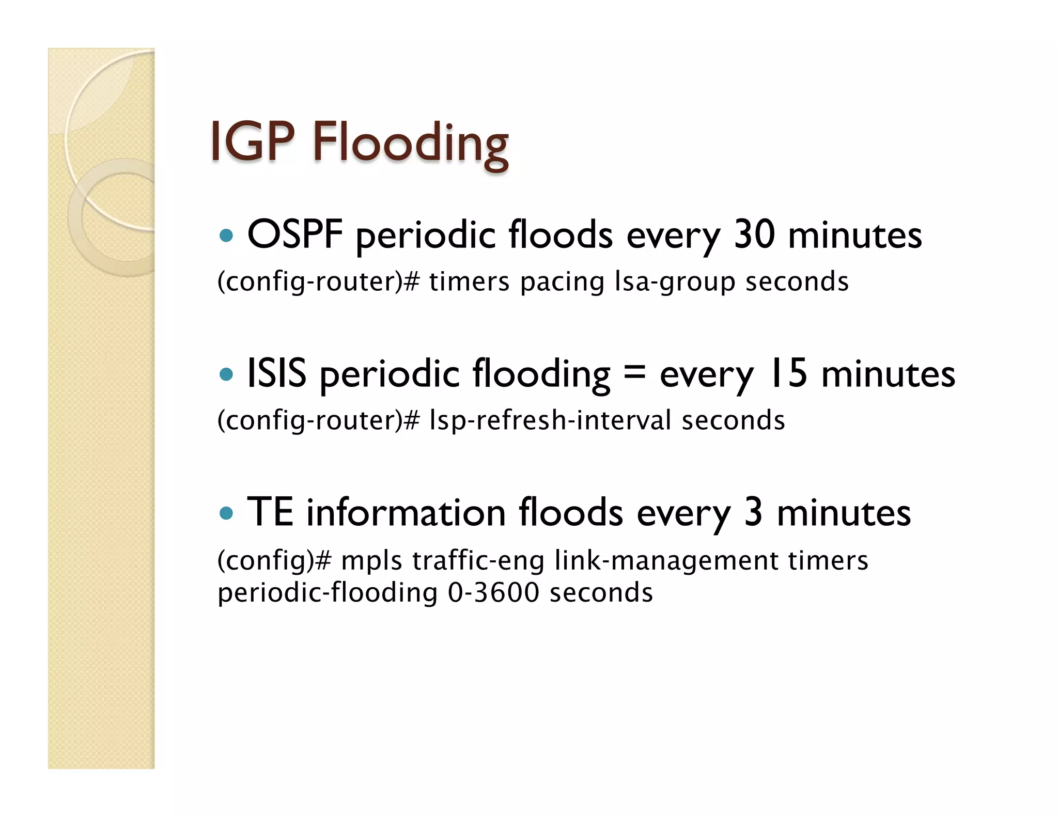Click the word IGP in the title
point(252,142)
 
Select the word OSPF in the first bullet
point(295,235)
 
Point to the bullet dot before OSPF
point(226,237)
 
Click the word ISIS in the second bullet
point(277,373)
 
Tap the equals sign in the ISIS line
point(635,372)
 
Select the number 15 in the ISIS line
point(788,373)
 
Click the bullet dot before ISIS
point(226,374)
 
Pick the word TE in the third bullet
point(270,512)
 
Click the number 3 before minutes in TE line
point(753,512)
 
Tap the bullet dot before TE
point(226,513)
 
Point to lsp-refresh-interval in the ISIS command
point(550,420)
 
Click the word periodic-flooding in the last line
point(327,593)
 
